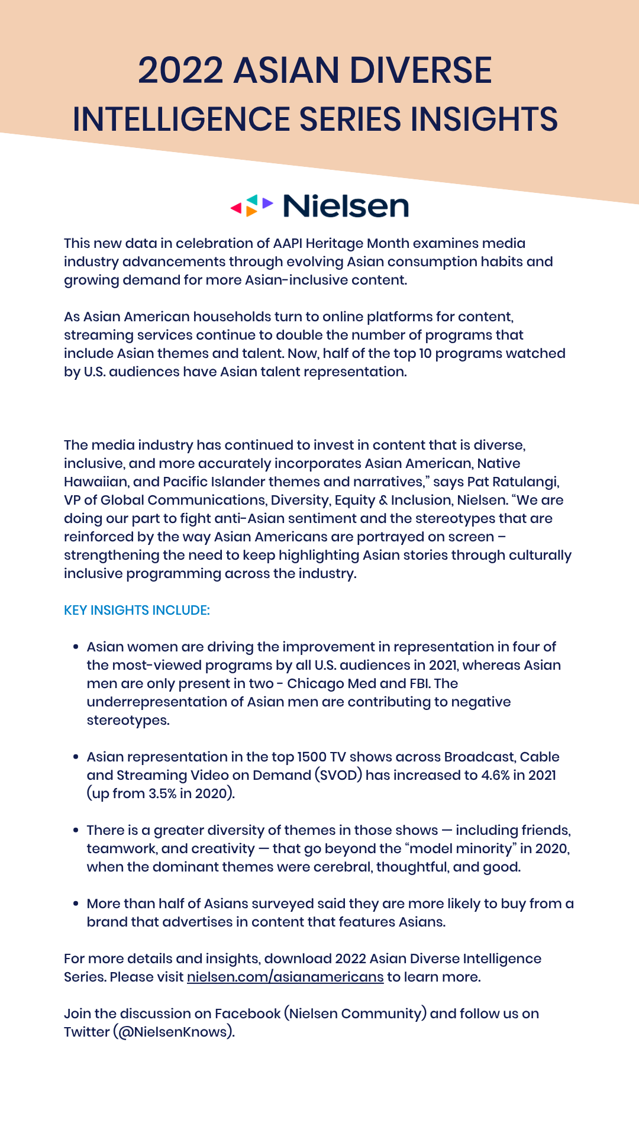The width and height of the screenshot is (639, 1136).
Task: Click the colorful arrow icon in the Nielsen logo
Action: tap(251, 206)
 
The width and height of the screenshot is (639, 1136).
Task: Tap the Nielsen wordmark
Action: tap(346, 206)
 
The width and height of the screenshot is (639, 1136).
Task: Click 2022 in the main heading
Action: tap(180, 70)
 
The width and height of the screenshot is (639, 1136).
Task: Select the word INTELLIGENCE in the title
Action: tap(181, 119)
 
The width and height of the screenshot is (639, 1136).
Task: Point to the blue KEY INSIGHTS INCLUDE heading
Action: tap(137, 610)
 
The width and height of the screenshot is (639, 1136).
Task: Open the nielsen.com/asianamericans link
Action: tap(285, 977)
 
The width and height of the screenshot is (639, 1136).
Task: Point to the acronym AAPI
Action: tap(288, 243)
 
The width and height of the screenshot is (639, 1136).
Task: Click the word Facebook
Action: tap(247, 1014)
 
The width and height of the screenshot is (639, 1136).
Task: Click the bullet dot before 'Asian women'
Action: tap(76, 647)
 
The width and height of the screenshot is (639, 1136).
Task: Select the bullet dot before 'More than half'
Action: tap(76, 903)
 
